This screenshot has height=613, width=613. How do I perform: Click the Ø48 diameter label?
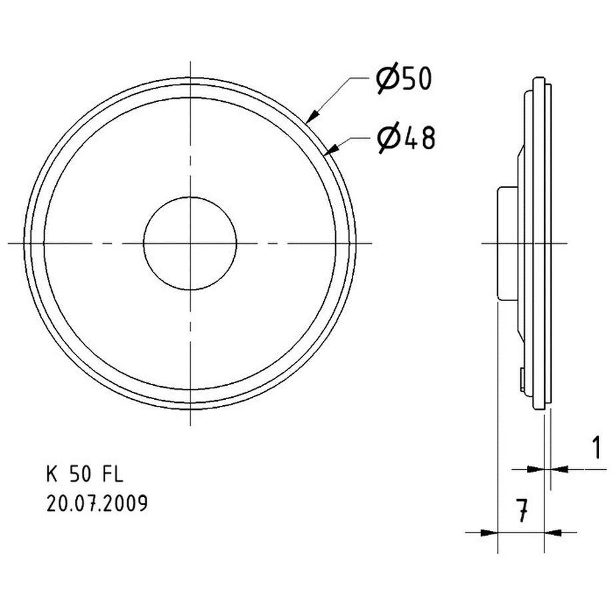pyautogui.click(x=405, y=139)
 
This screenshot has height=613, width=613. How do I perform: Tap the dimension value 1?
pyautogui.click(x=596, y=448)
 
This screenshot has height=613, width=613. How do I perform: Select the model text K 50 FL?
pyautogui.click(x=85, y=474)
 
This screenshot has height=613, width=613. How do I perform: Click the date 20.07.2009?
pyautogui.click(x=97, y=503)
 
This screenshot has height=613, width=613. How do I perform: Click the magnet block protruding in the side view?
pyautogui.click(x=505, y=243)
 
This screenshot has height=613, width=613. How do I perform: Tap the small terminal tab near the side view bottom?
pyautogui.click(x=520, y=379)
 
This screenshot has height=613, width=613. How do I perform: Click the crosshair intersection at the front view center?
pyautogui.click(x=191, y=243)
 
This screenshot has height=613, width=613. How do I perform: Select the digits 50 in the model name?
pyautogui.click(x=81, y=474)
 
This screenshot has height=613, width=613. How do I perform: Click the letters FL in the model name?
pyautogui.click(x=113, y=474)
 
